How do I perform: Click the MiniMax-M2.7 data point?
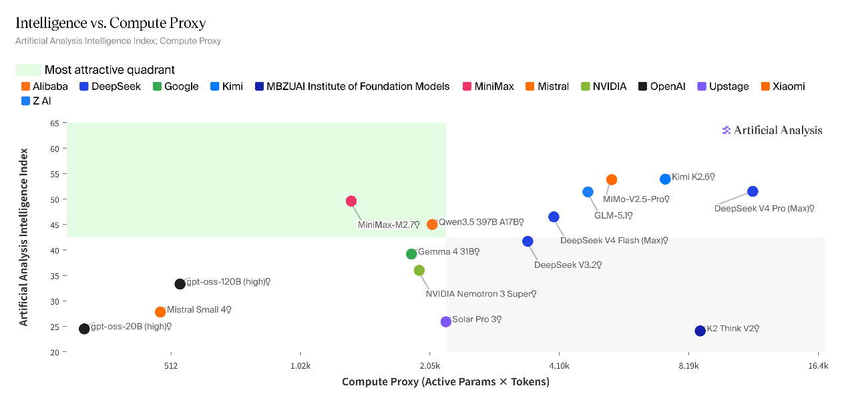coord(351,201)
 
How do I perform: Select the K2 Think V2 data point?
coord(700,331)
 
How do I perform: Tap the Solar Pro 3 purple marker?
coord(446,322)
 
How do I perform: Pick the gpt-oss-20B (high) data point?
coord(84,329)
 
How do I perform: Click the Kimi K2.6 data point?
coord(665,179)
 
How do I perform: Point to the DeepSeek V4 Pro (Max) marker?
coord(753,191)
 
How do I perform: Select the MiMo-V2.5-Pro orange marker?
coord(612,180)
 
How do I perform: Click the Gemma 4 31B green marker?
coord(411,254)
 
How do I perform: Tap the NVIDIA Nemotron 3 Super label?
coord(481,294)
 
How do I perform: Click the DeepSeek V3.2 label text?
coord(568,265)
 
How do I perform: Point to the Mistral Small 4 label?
coord(198,310)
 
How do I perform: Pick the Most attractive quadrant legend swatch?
coord(28,70)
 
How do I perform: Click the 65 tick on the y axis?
coord(54,123)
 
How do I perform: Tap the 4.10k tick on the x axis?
coord(559,366)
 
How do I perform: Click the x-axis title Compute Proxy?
coord(445,382)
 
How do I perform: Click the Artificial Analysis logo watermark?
coord(772,131)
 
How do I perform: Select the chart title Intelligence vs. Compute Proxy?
coord(111,23)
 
